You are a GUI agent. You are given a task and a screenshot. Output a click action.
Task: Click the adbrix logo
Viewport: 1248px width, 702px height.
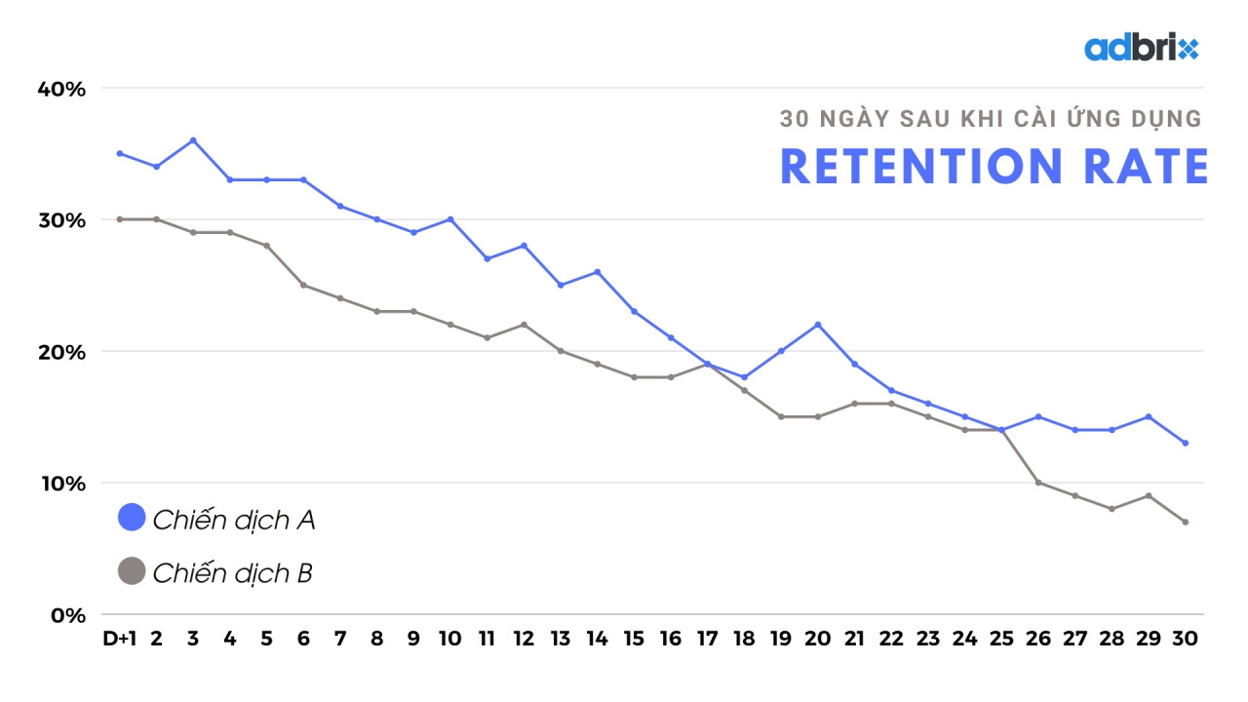click(1141, 48)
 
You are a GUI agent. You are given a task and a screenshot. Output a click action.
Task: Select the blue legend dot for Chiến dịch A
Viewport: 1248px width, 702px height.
click(132, 518)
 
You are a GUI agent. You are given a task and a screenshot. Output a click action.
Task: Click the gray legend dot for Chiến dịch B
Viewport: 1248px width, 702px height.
click(132, 570)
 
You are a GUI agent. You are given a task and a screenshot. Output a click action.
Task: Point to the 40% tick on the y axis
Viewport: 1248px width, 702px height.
click(62, 89)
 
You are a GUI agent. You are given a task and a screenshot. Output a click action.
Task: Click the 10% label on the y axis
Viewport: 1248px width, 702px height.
click(62, 484)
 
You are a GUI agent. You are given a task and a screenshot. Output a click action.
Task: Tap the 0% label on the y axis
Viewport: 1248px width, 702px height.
click(68, 615)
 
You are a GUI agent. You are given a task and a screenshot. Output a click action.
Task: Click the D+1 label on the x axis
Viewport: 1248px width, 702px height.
click(119, 640)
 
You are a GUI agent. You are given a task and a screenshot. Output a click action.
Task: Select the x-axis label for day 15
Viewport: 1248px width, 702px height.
click(634, 640)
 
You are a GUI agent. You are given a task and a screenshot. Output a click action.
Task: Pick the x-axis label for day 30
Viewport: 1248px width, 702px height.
click(1185, 640)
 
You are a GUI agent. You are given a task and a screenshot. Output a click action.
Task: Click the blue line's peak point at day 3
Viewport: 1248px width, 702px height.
click(193, 140)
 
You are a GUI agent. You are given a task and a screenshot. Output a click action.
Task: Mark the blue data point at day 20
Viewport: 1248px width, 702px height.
click(818, 325)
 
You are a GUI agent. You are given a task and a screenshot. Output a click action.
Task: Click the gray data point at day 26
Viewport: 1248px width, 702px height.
click(1038, 483)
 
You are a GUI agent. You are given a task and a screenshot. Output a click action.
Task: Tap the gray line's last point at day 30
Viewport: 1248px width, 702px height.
click(1185, 522)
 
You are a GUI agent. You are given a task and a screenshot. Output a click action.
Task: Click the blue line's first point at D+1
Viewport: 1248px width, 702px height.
click(119, 153)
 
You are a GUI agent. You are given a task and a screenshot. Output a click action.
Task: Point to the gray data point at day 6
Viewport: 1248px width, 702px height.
click(303, 285)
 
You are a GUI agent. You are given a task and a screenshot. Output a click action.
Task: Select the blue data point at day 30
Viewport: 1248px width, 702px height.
click(1185, 443)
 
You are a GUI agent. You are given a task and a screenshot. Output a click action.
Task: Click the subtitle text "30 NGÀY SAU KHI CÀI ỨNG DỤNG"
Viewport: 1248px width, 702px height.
click(991, 120)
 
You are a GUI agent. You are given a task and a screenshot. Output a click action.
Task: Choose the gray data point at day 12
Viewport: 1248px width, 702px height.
click(524, 325)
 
